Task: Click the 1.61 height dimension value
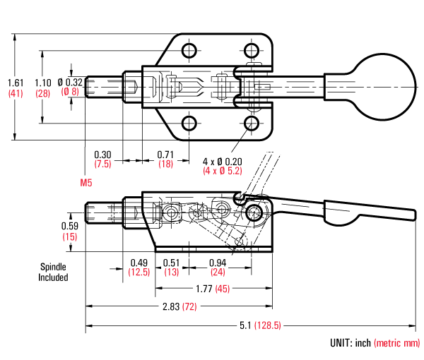[15, 82]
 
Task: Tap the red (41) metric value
[15, 92]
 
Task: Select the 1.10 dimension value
[43, 82]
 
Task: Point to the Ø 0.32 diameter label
[70, 82]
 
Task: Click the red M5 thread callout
[87, 182]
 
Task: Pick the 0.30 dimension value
[103, 155]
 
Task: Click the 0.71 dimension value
[165, 155]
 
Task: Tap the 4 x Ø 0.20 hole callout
[223, 161]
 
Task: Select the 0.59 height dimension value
[69, 226]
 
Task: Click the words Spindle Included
[53, 272]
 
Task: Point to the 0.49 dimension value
[139, 263]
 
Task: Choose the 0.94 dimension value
[218, 263]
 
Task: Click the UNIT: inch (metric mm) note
[375, 343]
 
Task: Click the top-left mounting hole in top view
[189, 51]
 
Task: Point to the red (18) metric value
[165, 164]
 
